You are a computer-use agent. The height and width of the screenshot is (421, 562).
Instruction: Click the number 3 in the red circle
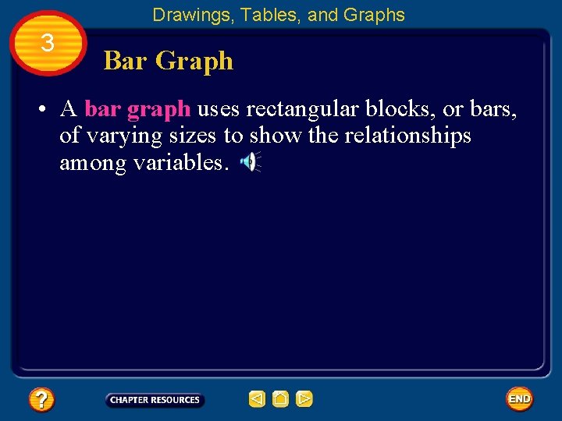click(47, 44)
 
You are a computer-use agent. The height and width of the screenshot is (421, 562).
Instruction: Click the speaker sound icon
click(249, 162)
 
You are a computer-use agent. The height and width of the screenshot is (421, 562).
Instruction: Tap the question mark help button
click(41, 400)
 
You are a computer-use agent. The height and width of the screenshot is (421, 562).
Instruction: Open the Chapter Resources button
click(155, 400)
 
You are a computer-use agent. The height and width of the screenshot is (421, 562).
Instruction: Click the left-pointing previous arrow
click(257, 400)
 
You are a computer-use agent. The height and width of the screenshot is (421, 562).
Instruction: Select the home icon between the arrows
click(281, 400)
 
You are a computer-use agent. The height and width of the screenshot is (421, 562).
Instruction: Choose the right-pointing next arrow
click(304, 400)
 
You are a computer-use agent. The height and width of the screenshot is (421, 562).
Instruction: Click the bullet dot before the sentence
click(37, 109)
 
